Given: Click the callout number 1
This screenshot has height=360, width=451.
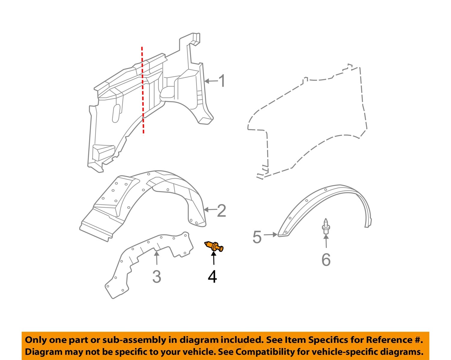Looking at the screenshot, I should click(222, 81).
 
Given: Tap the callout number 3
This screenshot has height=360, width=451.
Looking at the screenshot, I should click(156, 276).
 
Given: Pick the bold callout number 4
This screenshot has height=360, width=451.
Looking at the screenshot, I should click(212, 276).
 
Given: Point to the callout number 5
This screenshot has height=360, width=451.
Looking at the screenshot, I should click(257, 237).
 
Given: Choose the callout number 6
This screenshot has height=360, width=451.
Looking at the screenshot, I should click(326, 260).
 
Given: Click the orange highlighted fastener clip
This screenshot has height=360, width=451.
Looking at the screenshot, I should click(214, 246).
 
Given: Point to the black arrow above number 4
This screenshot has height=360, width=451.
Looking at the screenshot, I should click(213, 258).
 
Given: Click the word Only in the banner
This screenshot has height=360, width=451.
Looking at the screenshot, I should click(35, 340).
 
